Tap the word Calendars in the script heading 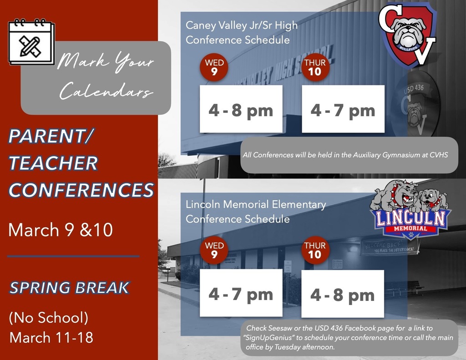tap(106, 92)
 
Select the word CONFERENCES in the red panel tap(81, 190)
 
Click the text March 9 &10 tap(60, 230)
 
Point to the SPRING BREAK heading tap(69, 288)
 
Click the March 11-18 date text tap(51, 337)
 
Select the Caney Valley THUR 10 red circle tap(314, 67)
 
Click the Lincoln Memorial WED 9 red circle tap(214, 250)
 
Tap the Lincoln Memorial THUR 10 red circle tap(314, 250)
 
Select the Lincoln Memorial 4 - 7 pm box tap(241, 294)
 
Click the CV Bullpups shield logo tap(408, 34)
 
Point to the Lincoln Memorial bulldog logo tap(409, 211)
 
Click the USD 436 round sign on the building tap(415, 102)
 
